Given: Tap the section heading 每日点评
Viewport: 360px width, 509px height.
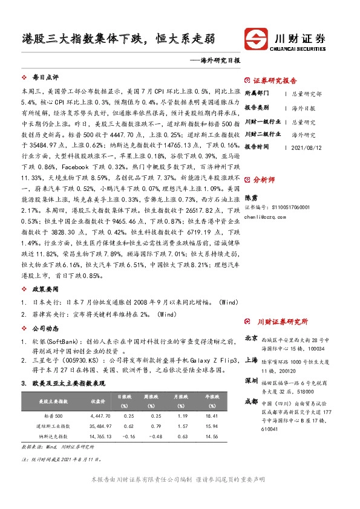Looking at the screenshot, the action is (x=45, y=78).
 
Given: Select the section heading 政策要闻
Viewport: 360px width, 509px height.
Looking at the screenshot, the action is (x=45, y=290).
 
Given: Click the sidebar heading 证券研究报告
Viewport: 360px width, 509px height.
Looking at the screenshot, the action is (x=275, y=80).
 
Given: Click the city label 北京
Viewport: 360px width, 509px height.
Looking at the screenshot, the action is (x=251, y=338).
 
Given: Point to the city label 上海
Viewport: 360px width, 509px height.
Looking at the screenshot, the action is (x=251, y=359).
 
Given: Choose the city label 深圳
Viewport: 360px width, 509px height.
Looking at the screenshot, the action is (x=251, y=381).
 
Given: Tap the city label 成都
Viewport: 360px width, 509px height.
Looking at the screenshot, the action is (x=251, y=401).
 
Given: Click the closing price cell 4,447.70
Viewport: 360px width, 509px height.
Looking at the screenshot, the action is (x=99, y=417).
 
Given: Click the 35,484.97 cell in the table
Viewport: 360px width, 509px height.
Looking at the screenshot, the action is (x=98, y=426).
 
